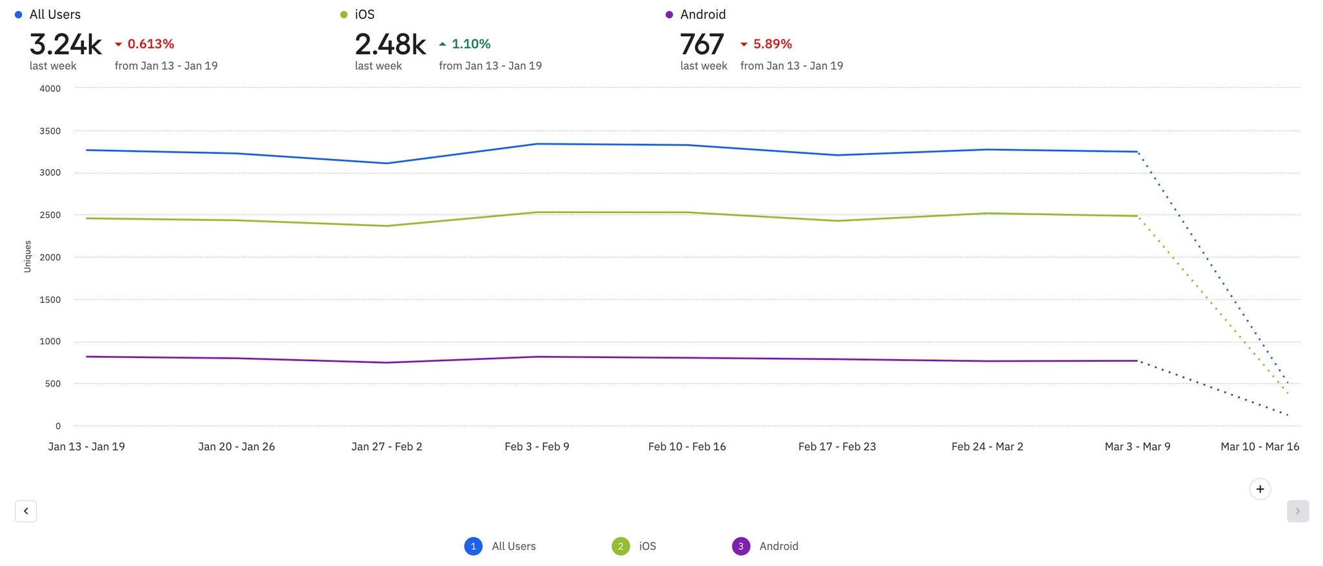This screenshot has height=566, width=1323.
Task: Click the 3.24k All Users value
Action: pos(65,45)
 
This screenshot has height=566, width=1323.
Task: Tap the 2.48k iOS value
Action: pos(390,45)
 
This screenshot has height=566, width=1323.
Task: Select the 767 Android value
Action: pos(702,45)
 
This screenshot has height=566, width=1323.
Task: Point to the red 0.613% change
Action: pos(150,44)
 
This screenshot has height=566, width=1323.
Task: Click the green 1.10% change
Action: pos(470,44)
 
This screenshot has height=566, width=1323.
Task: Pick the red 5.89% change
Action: pos(772,44)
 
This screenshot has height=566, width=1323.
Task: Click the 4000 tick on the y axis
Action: pos(50,89)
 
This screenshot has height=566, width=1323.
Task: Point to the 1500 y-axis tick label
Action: pos(50,300)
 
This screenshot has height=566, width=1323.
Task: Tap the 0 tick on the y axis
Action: pos(58,426)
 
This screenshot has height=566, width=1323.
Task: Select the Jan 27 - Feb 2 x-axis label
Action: pos(386,446)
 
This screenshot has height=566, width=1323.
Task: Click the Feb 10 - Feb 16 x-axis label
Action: pos(687,446)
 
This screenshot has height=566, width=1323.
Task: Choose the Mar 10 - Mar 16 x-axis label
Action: pos(1260,446)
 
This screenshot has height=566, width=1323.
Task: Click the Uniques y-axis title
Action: pos(28,257)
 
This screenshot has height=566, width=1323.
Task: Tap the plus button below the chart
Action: pos(1260,489)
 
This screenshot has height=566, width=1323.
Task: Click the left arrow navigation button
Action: pos(26,511)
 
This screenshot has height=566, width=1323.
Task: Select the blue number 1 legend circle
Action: pos(473,547)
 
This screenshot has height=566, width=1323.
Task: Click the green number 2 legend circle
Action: pos(620,547)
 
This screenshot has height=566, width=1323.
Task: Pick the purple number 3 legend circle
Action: pos(740,547)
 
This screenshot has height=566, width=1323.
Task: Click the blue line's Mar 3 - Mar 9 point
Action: pos(1137,152)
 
